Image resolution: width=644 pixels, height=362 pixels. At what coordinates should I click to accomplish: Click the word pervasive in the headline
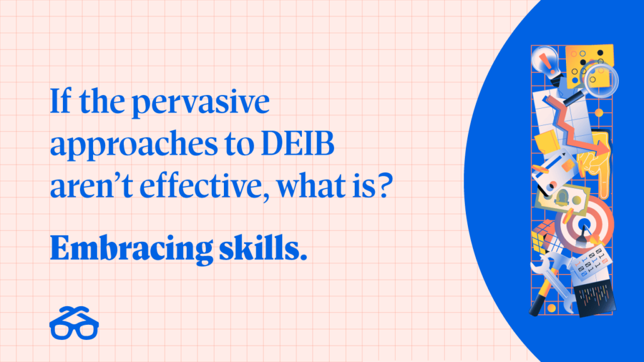(x=201, y=102)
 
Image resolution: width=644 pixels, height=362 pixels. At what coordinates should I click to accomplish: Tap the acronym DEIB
(x=297, y=144)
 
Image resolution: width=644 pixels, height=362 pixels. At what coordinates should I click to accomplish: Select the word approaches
(x=133, y=145)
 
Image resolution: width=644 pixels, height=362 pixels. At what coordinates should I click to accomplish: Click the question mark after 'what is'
(x=384, y=186)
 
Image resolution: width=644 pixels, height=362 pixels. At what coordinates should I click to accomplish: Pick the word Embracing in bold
(x=131, y=249)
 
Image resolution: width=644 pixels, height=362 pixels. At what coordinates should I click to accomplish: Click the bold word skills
(x=263, y=248)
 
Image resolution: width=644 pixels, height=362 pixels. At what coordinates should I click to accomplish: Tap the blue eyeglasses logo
(x=74, y=324)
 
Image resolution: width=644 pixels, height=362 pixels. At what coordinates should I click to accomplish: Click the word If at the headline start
(x=60, y=101)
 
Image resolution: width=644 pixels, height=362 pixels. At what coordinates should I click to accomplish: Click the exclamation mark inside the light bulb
(x=545, y=62)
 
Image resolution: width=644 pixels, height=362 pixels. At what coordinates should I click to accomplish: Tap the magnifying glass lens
(x=601, y=79)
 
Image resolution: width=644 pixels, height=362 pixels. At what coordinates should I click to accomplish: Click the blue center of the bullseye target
(x=584, y=225)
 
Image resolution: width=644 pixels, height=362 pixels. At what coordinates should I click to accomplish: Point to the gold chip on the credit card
(x=568, y=166)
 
